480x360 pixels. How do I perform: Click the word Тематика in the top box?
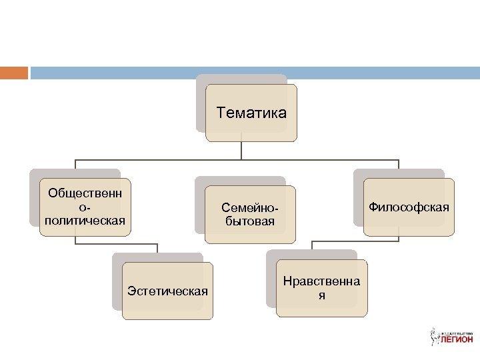(x=251, y=113)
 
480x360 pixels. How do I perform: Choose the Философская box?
(x=409, y=207)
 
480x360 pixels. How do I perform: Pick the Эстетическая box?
(x=167, y=291)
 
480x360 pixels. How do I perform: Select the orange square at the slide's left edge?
(x=13, y=72)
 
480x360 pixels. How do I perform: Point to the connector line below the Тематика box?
(x=241, y=151)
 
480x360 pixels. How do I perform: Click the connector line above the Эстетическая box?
(x=157, y=248)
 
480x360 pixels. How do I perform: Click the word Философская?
(x=409, y=207)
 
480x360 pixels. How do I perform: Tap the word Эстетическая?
(x=167, y=291)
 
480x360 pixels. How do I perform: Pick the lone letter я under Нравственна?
(x=321, y=295)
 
